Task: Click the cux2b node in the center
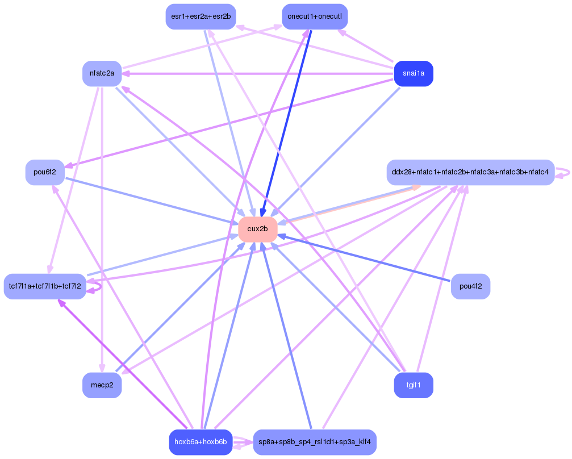(257, 229)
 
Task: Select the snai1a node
(414, 74)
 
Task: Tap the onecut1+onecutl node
(314, 16)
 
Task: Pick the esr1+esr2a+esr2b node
(201, 16)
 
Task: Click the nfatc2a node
(102, 74)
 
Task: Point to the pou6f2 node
(45, 172)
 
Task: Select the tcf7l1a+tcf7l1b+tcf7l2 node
(45, 286)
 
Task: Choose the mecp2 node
(102, 385)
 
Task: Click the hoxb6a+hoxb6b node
(201, 442)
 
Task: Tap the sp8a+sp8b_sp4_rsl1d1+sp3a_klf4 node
(314, 442)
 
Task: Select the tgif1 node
(414, 385)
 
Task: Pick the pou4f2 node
(470, 286)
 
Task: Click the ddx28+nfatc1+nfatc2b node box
(470, 172)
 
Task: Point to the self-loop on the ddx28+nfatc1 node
(564, 173)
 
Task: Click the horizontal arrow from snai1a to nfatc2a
(256, 74)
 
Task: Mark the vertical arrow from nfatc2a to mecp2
(102, 227)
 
